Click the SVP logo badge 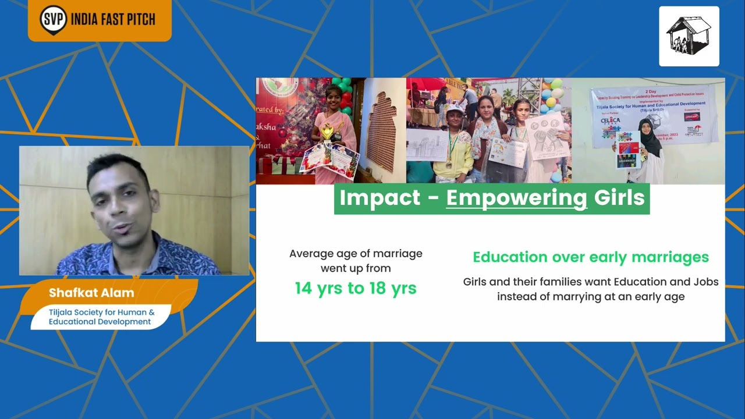coord(54,19)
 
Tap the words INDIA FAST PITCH coord(113,19)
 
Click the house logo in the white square coord(689,36)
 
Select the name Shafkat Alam coord(91,293)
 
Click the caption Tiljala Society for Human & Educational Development coord(101,317)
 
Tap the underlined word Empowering coord(517,198)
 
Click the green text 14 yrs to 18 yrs coord(356,288)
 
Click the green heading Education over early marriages coord(591,257)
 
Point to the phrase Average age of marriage coord(356,254)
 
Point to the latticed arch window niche coord(382,131)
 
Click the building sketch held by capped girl coord(426,144)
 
